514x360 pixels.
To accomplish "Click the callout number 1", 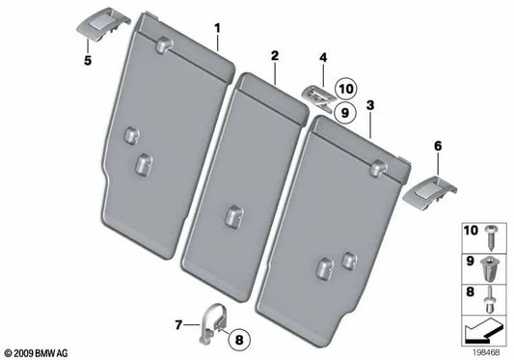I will click(217, 28).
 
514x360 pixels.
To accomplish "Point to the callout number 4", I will click(324, 58).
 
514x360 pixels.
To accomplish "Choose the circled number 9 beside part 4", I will click(345, 111).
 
